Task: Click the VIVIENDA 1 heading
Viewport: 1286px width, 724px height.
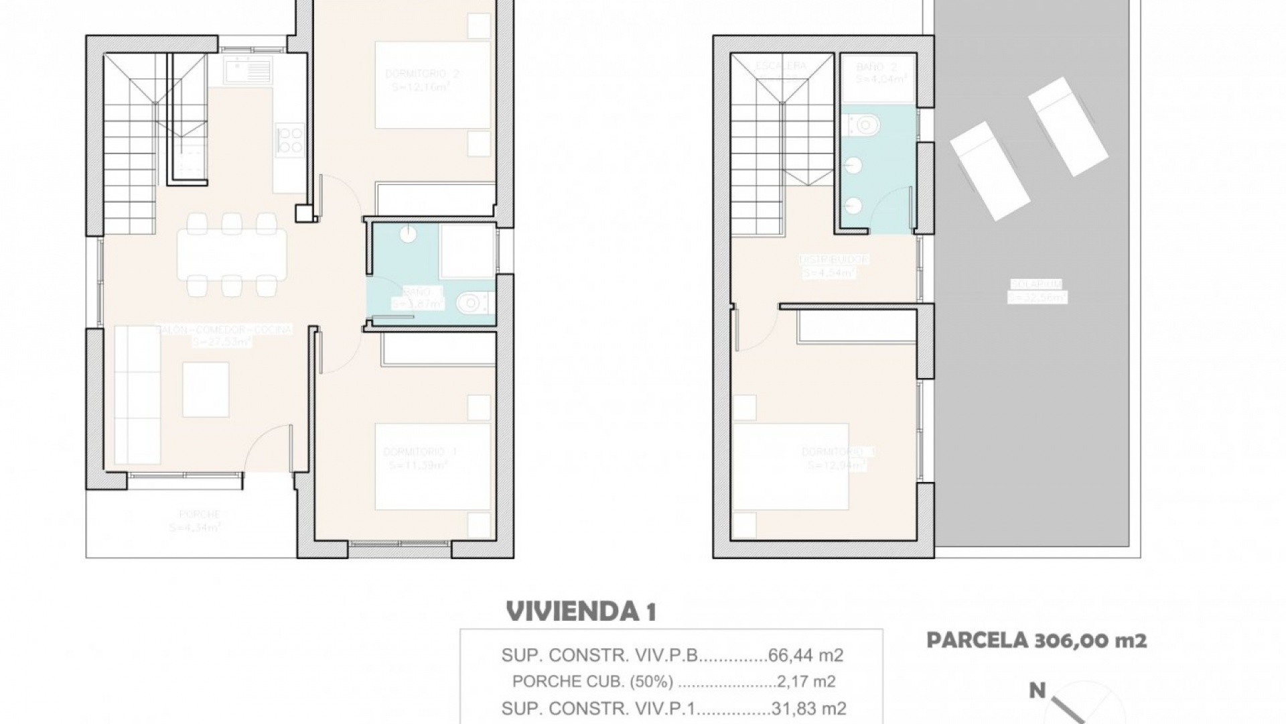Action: [x=581, y=611]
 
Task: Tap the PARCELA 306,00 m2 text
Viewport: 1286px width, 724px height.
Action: [x=1036, y=640]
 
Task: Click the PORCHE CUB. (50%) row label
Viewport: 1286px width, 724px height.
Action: [x=592, y=682]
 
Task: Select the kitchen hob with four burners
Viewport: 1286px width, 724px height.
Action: [x=290, y=141]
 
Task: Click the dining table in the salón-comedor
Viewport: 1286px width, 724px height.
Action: [x=232, y=255]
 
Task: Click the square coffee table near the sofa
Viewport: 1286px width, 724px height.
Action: [x=206, y=389]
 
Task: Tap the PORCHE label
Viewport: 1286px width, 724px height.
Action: [x=199, y=514]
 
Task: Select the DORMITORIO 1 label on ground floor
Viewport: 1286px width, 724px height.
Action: [x=420, y=452]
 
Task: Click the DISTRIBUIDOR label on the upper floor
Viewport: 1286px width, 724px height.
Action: [x=834, y=259]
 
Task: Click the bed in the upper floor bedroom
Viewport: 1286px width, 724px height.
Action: [x=791, y=467]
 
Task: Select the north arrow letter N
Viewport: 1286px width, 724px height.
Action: [x=1037, y=690]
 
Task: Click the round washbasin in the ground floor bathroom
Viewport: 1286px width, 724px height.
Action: [x=408, y=234]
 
